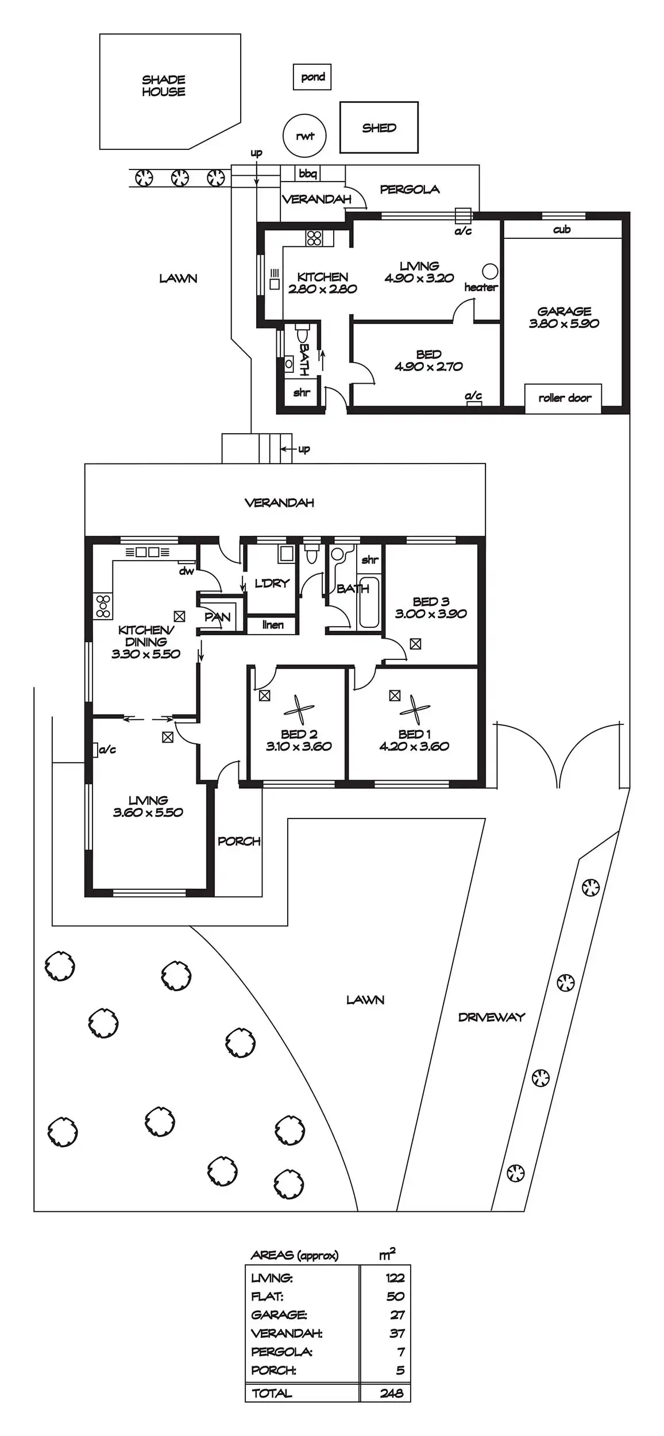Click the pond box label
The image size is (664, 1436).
[312, 77]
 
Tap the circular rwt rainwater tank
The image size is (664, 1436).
[304, 136]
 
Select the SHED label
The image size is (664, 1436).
[379, 128]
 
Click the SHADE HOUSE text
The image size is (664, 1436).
[164, 86]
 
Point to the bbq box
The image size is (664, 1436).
[308, 173]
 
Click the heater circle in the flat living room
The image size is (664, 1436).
[490, 271]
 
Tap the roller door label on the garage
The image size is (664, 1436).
[564, 397]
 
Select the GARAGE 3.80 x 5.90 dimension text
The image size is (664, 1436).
[564, 323]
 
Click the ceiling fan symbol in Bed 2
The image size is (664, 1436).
[299, 710]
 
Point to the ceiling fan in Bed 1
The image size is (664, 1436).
[415, 710]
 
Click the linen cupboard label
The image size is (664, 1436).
[273, 624]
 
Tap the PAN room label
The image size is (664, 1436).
[217, 617]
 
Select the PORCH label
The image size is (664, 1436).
[239, 841]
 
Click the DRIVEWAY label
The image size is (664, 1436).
[492, 1017]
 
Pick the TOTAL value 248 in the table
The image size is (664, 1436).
[392, 1393]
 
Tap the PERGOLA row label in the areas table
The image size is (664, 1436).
[281, 1352]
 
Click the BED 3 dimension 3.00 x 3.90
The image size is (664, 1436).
[431, 613]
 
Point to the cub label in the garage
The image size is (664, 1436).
[562, 230]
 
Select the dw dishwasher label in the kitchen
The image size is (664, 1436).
[186, 571]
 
